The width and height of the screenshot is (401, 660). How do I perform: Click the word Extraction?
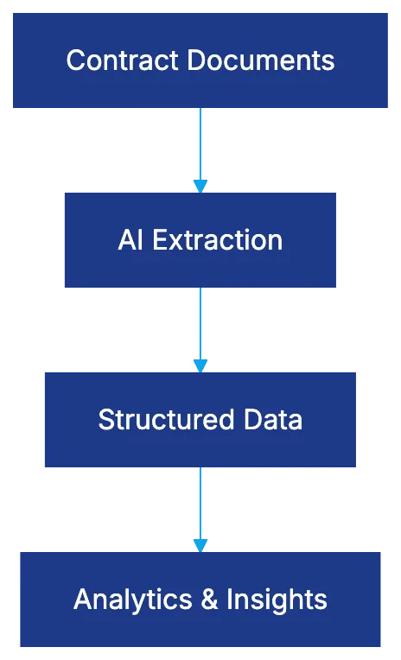click(218, 239)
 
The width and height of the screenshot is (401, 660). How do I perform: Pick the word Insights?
click(277, 600)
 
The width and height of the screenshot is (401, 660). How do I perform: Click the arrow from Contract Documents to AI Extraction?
click(200, 147)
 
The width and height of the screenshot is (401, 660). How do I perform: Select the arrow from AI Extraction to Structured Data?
click(200, 327)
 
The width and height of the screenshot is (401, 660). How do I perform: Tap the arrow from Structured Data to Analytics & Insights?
click(200, 506)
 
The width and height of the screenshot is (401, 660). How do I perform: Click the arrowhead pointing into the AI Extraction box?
click(200, 185)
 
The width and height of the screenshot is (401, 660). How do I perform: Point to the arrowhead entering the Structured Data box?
click(200, 365)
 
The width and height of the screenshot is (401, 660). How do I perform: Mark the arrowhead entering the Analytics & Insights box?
click(200, 544)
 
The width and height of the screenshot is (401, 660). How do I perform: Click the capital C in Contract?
click(75, 60)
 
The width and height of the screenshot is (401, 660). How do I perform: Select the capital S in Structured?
click(106, 420)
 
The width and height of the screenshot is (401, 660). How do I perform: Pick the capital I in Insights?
click(229, 600)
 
